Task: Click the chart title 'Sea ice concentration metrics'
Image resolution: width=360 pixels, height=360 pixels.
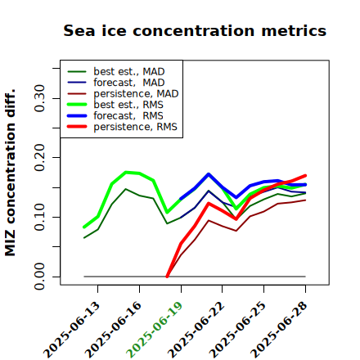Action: pyautogui.click(x=195, y=30)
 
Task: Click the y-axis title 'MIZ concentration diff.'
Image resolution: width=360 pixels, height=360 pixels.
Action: pyautogui.click(x=10, y=173)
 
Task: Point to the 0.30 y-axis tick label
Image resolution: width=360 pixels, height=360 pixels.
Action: pyautogui.click(x=39, y=98)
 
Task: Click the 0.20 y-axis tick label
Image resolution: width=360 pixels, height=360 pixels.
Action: pyautogui.click(x=39, y=158)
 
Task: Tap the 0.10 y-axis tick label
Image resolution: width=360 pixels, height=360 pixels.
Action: pyautogui.click(x=39, y=217)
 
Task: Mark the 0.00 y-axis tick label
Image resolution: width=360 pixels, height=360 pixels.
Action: pyautogui.click(x=39, y=277)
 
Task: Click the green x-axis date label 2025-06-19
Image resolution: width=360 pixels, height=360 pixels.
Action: pyautogui.click(x=155, y=330)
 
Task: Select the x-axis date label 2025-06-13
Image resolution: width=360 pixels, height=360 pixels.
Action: pyautogui.click(x=71, y=330)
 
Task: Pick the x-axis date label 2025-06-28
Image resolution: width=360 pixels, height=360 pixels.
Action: pyautogui.click(x=279, y=330)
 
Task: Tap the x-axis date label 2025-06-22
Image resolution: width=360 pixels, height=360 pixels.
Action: pyautogui.click(x=196, y=330)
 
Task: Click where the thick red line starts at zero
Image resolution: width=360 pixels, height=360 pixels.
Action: pyautogui.click(x=167, y=277)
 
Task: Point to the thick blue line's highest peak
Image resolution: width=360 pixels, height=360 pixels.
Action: pyautogui.click(x=209, y=174)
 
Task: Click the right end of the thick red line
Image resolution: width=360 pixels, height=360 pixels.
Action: pyautogui.click(x=305, y=176)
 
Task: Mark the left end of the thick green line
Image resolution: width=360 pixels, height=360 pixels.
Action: pyautogui.click(x=84, y=227)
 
